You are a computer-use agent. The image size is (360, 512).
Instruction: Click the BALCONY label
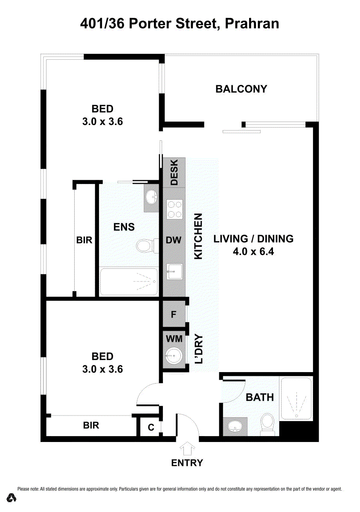(x=241, y=89)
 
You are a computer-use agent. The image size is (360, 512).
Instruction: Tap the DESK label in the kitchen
(x=174, y=172)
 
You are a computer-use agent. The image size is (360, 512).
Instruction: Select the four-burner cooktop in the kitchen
(x=174, y=209)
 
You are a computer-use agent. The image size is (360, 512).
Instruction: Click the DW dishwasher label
(x=174, y=240)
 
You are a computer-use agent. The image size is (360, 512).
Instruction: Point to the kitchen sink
(x=174, y=271)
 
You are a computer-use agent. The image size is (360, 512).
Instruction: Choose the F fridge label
(x=174, y=314)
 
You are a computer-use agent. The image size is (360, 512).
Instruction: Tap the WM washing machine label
(x=174, y=339)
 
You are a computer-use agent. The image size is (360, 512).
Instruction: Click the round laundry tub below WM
(x=174, y=356)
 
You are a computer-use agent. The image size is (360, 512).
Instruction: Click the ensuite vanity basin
(x=151, y=196)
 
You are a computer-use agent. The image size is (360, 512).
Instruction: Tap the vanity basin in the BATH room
(x=235, y=426)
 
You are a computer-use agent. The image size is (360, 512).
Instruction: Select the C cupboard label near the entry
(x=151, y=427)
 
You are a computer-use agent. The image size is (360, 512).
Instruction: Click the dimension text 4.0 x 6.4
(x=253, y=252)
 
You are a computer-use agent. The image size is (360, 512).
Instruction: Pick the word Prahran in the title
(x=252, y=24)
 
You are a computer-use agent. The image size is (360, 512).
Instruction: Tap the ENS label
(x=124, y=227)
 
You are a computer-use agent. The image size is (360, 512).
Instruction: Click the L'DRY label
(x=198, y=349)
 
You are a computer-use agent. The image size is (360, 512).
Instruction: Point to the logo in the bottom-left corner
(x=11, y=497)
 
